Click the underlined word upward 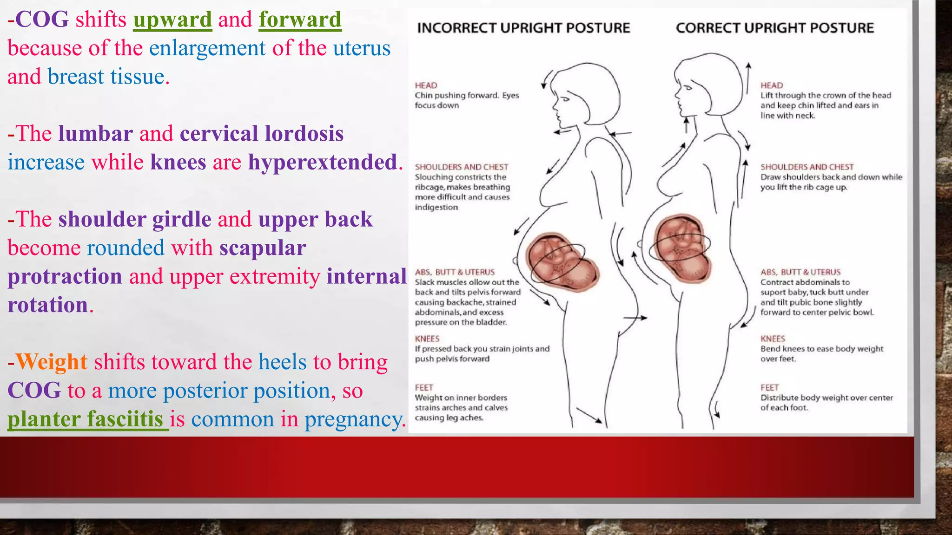pos(172,20)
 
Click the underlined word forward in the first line pos(300,20)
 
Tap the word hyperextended pos(323,163)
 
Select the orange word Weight pos(52,362)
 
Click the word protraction pos(65,277)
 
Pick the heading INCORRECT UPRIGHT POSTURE pos(523,28)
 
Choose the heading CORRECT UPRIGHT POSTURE pos(775,28)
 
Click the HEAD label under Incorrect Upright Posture pos(426,85)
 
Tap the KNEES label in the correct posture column pos(773,339)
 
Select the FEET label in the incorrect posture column pos(424,388)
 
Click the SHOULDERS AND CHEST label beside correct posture pos(807,167)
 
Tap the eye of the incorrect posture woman pos(565,98)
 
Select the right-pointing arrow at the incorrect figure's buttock pos(635,318)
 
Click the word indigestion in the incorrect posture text pos(436,207)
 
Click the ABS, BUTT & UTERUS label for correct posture pos(800,272)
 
